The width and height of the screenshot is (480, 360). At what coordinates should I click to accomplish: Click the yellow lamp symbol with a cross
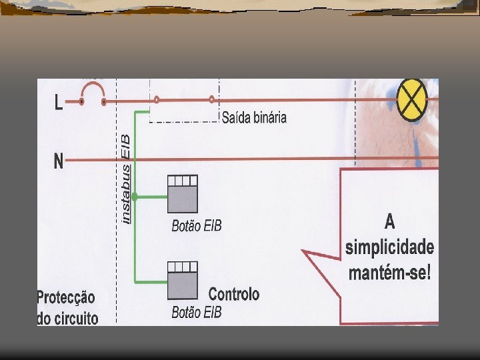click(412, 100)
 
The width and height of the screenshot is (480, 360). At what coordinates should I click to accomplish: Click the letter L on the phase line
click(59, 103)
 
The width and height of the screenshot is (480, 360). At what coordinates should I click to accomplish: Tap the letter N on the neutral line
click(59, 162)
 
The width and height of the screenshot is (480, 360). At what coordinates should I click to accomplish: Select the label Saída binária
click(254, 118)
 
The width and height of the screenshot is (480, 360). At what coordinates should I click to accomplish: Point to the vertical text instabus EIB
click(127, 176)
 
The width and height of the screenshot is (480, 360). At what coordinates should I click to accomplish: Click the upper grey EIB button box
click(182, 193)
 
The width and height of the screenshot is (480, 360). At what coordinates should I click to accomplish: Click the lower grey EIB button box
click(183, 279)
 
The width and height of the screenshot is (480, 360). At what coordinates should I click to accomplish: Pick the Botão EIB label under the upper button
click(196, 226)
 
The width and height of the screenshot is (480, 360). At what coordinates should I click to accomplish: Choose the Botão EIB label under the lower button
click(196, 312)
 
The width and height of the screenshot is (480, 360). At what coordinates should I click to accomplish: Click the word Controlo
click(234, 294)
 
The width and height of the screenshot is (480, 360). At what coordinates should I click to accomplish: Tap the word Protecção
click(66, 297)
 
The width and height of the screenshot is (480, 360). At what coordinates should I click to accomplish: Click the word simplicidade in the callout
click(390, 247)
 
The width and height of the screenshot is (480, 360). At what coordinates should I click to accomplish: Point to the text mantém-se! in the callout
click(390, 272)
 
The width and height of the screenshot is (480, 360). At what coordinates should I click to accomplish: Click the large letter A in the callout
click(390, 221)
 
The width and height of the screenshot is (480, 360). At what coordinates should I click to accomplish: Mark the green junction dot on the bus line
click(135, 197)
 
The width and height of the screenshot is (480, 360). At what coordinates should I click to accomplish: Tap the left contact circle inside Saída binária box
click(157, 100)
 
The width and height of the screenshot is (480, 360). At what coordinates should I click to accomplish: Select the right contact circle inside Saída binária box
click(211, 100)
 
